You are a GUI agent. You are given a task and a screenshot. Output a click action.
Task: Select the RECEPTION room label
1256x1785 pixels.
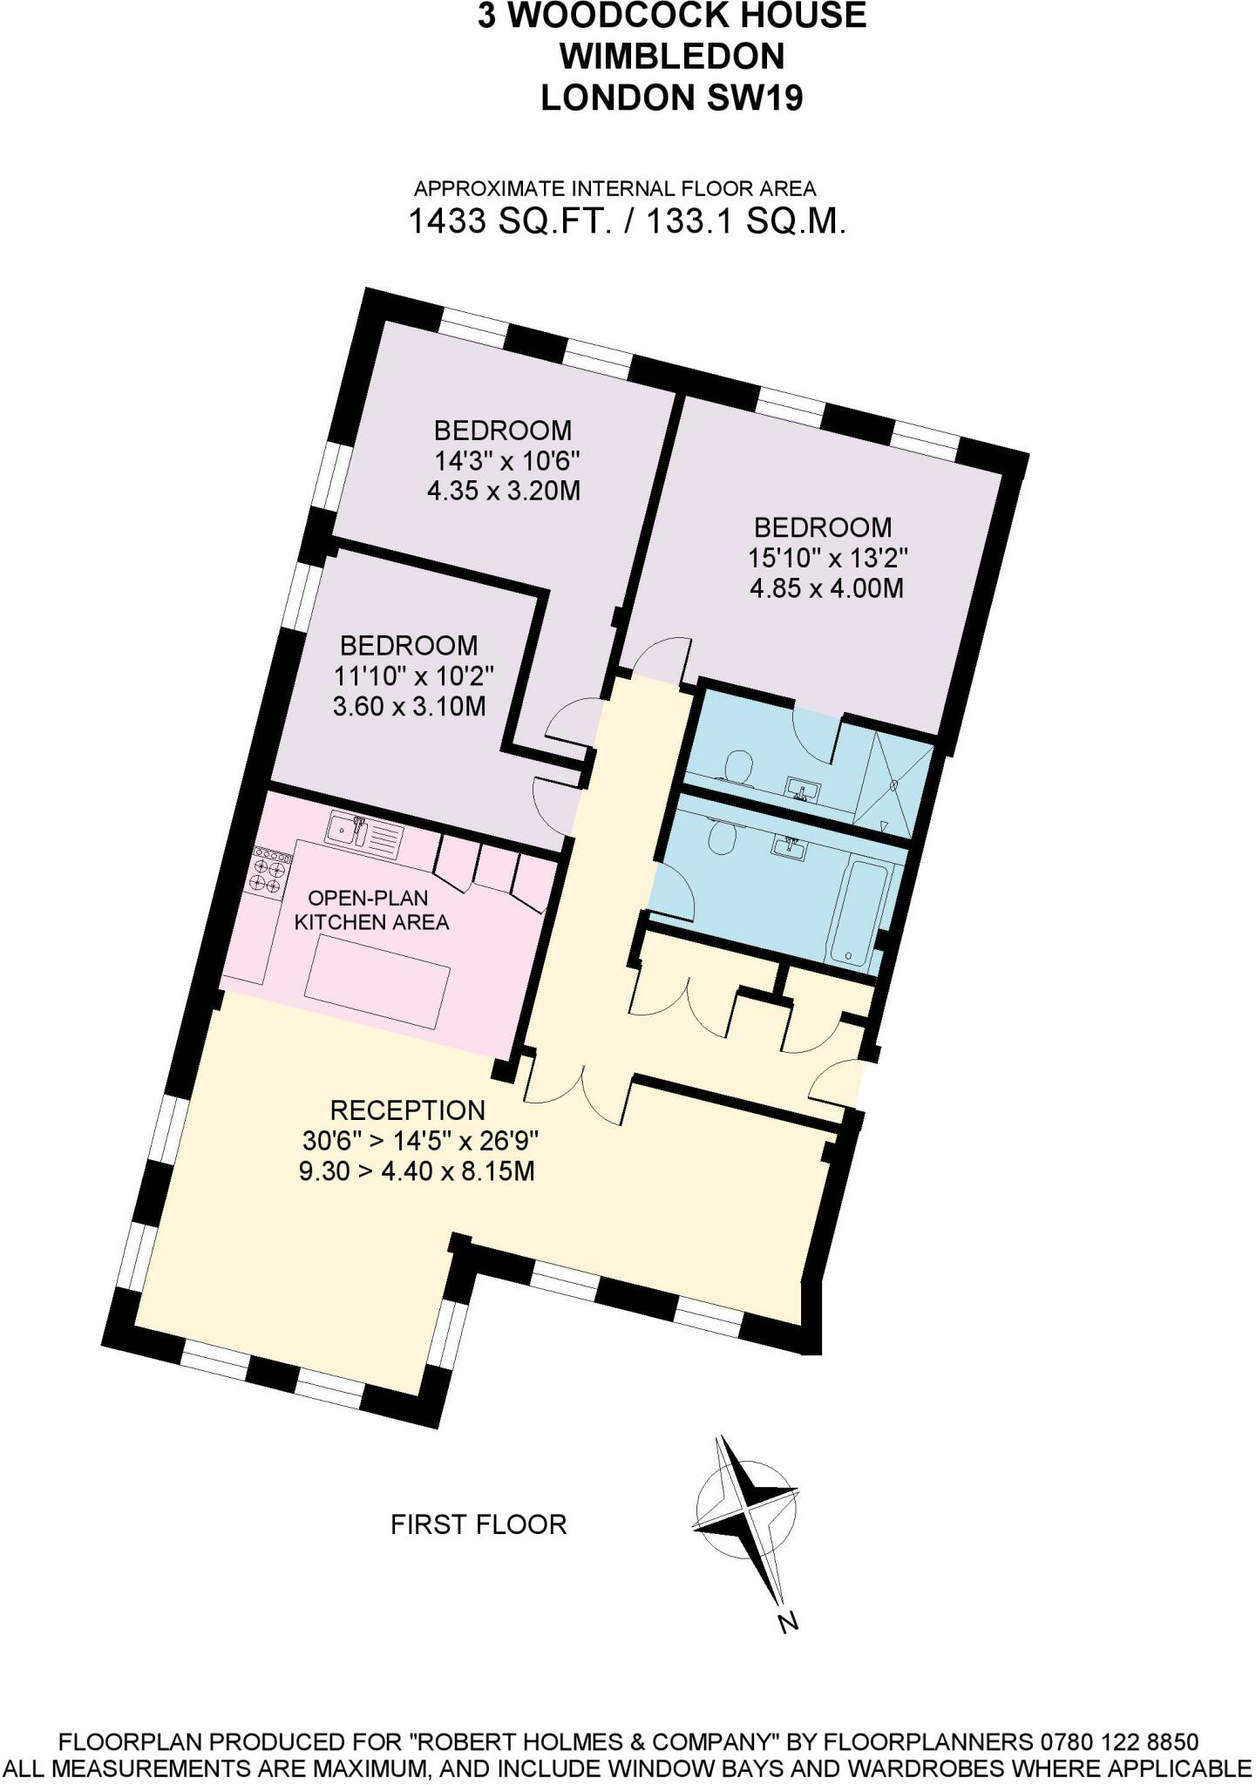tap(407, 1110)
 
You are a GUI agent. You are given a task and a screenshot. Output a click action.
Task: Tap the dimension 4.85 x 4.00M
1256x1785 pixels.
tap(826, 588)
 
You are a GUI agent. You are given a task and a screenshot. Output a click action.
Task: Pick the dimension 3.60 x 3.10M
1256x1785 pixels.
tap(409, 706)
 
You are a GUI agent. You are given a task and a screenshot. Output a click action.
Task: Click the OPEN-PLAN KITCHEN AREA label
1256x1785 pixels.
tap(371, 911)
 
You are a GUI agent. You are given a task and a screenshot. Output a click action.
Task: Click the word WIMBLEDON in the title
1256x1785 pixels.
tap(671, 57)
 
